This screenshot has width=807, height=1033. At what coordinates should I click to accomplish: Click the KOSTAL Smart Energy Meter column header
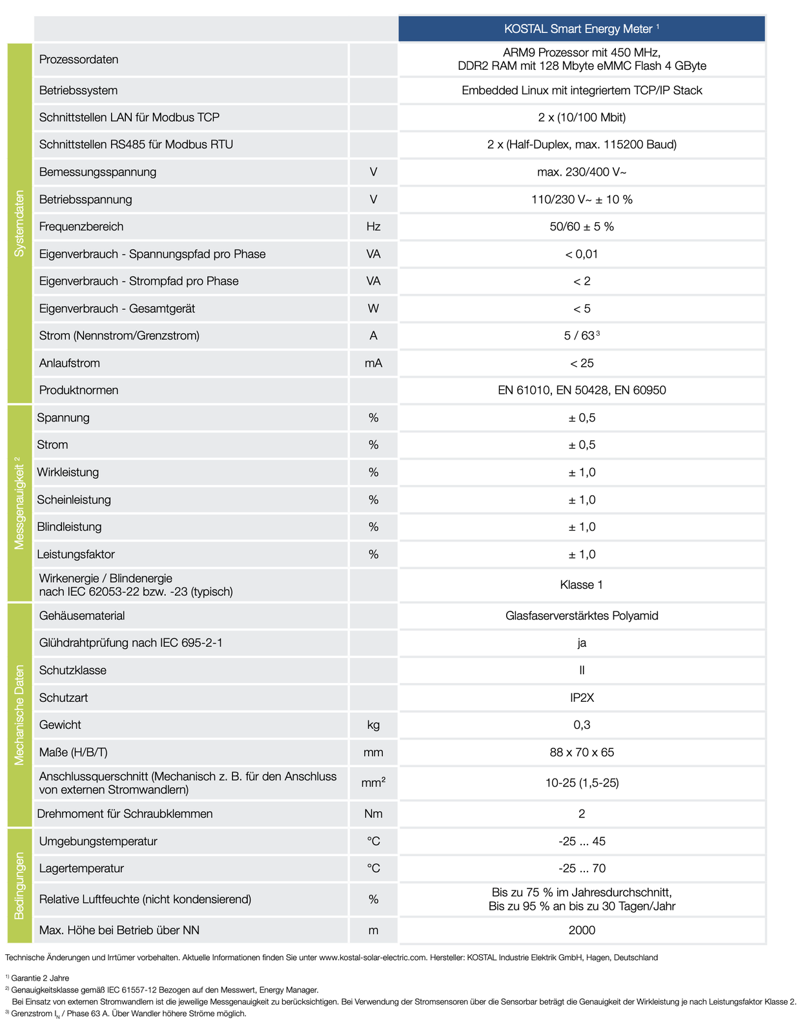(x=581, y=29)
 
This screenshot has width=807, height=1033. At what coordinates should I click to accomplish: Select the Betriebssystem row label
(x=78, y=90)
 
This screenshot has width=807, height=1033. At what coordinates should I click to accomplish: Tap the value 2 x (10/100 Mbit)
(x=582, y=118)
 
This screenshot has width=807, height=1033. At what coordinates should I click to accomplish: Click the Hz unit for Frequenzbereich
(x=373, y=227)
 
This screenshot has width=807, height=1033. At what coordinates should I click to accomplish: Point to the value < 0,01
(x=582, y=254)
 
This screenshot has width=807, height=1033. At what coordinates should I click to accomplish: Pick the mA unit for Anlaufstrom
(x=373, y=363)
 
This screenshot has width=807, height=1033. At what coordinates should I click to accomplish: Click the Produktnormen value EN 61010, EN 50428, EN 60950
(x=582, y=390)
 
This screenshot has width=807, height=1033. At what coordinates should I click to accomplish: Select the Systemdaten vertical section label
(x=19, y=223)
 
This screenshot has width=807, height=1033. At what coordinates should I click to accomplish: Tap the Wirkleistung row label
(x=68, y=472)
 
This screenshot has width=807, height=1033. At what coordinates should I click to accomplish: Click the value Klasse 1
(x=582, y=585)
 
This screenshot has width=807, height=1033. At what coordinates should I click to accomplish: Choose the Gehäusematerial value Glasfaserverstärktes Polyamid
(x=582, y=616)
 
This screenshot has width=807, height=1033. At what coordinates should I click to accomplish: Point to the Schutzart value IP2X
(x=582, y=697)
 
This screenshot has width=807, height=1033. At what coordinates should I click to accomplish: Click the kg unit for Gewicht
(x=373, y=725)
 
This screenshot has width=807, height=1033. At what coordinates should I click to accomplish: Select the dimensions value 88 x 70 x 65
(x=582, y=752)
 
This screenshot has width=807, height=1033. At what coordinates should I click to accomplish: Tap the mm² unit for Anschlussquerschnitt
(x=373, y=783)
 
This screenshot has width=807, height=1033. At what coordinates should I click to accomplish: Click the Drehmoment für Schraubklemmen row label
(x=125, y=813)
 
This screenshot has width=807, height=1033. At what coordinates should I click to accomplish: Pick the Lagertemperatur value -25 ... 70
(x=582, y=868)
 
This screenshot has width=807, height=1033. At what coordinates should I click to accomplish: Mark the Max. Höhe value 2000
(x=582, y=930)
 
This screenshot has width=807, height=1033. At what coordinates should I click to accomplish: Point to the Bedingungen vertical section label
(x=19, y=886)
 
